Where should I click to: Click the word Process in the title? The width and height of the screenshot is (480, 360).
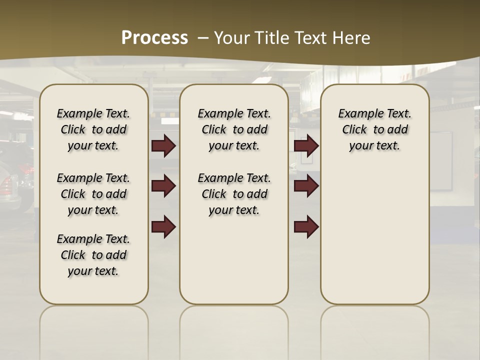[x=154, y=37]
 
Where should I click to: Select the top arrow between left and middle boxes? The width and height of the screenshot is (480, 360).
[x=163, y=146]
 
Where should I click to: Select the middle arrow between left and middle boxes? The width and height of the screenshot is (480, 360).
[x=163, y=186]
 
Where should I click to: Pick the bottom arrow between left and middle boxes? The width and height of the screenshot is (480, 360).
[x=163, y=226]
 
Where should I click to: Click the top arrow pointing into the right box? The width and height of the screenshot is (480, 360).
[x=306, y=146]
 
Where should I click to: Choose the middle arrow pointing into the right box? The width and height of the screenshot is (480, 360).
[x=306, y=186]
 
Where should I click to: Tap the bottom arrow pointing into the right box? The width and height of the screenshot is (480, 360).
[x=306, y=226]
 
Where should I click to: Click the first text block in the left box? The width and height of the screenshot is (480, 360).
[x=93, y=129]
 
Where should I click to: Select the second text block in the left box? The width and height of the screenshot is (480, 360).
[x=93, y=194]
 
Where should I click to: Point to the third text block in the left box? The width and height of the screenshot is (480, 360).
[x=93, y=255]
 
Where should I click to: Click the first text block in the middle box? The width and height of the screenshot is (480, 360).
[x=234, y=129]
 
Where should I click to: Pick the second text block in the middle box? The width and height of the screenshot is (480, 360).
[x=234, y=194]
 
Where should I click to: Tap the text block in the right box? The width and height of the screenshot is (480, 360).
[x=374, y=129]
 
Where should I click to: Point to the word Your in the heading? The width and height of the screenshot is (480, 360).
[x=231, y=37]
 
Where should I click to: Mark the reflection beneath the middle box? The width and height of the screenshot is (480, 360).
[x=234, y=330]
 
